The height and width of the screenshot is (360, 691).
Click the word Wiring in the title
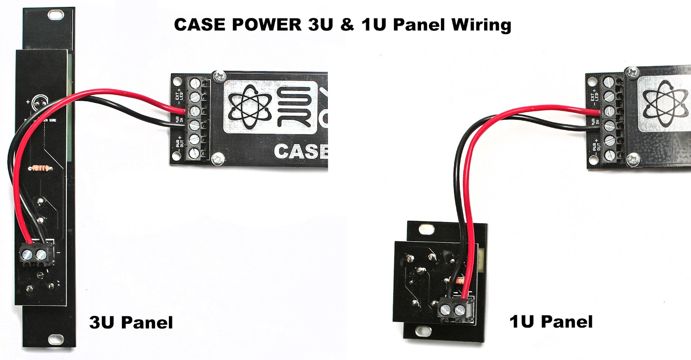coord(482,25)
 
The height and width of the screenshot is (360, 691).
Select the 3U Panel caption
coord(131,322)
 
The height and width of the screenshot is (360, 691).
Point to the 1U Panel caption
coord(551,322)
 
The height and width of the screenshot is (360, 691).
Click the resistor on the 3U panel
coord(40,168)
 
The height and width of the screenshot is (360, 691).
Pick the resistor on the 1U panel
coord(457,281)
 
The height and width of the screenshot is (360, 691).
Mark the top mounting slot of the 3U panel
coord(54,16)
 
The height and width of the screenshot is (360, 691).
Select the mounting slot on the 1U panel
coord(421,331)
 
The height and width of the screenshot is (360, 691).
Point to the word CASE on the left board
coord(301,152)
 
